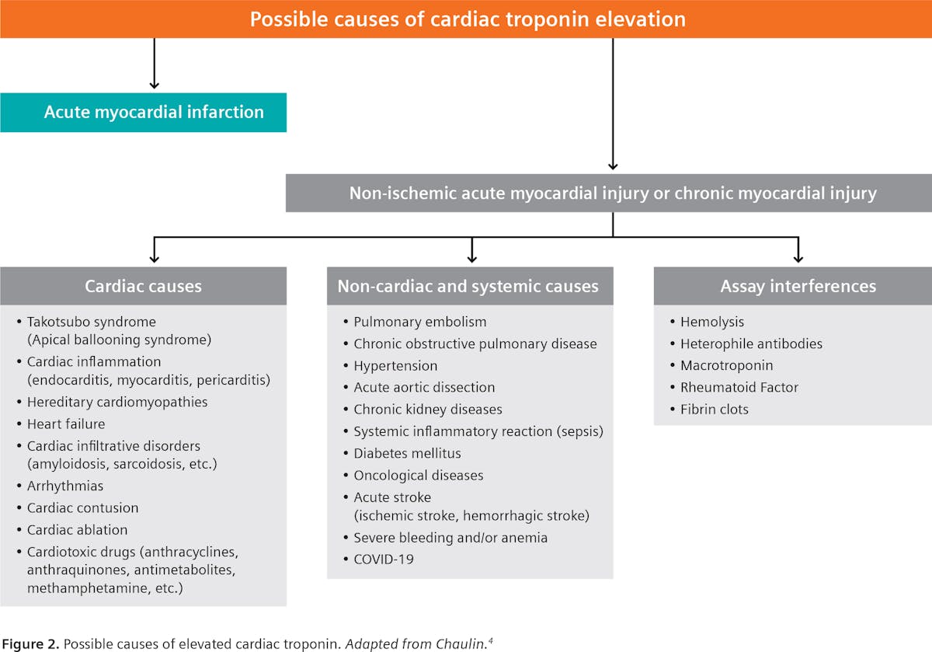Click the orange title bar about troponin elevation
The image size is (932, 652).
point(467,19)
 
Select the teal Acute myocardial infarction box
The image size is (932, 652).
point(144,112)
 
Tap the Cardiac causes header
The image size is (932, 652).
point(143,286)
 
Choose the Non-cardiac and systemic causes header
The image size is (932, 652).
point(468,286)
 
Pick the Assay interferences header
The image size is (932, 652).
point(798,286)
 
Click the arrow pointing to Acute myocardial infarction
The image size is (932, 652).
point(154,78)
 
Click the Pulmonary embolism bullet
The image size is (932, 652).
point(419,322)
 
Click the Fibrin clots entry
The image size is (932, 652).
point(714,409)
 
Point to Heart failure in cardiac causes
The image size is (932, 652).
point(66,424)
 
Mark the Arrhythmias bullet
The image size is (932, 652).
point(65,486)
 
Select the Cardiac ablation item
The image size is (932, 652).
point(77,530)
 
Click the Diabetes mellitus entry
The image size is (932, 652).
point(407,453)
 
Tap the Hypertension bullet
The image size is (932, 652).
point(395,365)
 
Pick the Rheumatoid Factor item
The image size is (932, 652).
point(739,387)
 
